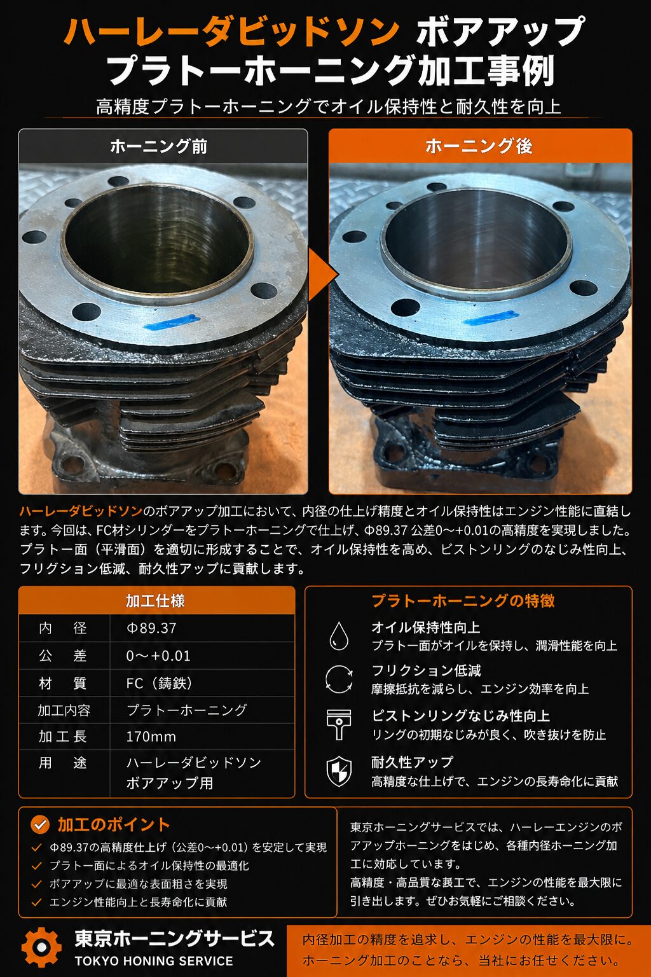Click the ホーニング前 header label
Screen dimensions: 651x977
coord(159,146)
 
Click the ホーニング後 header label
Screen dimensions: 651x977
coord(479,146)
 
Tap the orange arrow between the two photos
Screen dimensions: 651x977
coord(322,275)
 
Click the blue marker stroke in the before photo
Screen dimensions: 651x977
coord(172,322)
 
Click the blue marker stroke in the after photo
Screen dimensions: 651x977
coord(489,318)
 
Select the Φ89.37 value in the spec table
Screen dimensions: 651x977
coord(151,628)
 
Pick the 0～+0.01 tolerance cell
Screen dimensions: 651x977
coord(158,656)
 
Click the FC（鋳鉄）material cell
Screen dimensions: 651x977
coord(159,683)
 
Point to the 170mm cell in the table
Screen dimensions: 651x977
coord(151,737)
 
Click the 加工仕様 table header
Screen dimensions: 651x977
coord(155,600)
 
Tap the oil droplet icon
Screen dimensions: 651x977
coord(339,635)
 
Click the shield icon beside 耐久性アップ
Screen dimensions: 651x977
coord(339,772)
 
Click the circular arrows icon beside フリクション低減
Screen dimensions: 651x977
coord(339,679)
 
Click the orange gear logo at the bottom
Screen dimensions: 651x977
coord(42,947)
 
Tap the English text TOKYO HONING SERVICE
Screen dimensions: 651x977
coord(154,961)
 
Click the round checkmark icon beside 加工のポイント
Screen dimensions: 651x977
coord(40,824)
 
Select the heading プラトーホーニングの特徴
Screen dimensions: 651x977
coord(463,600)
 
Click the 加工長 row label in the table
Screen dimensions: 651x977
coord(63,737)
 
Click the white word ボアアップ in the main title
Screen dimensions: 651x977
coord(500,31)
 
